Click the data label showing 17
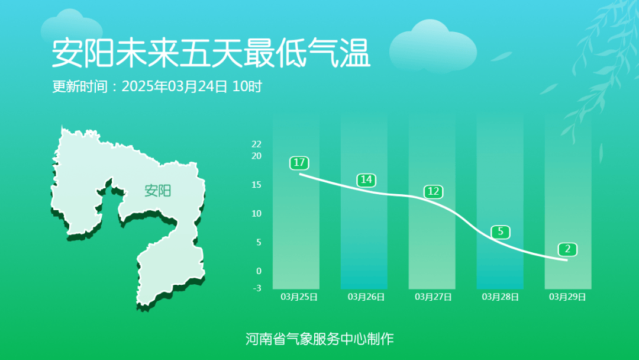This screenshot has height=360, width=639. [299, 162]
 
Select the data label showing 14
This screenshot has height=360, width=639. [367, 179]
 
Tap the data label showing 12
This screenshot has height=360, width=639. [434, 191]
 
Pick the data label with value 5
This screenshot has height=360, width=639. [501, 232]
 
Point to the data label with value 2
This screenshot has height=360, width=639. [567, 249]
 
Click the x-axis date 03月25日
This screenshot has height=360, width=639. [299, 297]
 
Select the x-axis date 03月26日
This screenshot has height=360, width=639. [366, 297]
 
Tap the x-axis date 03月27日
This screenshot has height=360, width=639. [434, 297]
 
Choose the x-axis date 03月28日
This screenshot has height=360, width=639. [501, 297]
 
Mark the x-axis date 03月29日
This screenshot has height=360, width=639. [567, 297]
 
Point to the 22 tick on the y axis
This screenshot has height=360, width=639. [256, 144]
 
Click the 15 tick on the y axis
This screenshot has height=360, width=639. [256, 185]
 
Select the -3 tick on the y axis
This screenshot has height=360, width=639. [257, 288]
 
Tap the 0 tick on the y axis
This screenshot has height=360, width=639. [259, 271]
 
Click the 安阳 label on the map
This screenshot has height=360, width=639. [157, 191]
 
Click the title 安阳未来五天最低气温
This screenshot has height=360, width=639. [211, 53]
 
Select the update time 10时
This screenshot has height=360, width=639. [247, 86]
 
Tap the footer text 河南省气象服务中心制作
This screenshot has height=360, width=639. [319, 339]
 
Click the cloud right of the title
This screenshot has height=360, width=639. [433, 46]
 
